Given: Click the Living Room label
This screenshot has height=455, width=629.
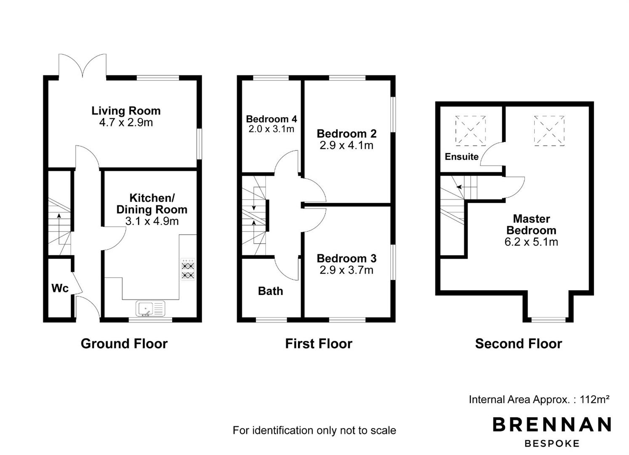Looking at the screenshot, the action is (126, 111).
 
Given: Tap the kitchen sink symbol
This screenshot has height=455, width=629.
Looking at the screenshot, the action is (150, 308).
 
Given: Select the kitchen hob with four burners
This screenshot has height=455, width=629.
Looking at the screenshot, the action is (188, 269).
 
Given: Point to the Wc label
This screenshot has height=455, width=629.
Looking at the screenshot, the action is (60, 288).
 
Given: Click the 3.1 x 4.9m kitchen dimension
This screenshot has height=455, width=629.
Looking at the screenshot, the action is (152, 221).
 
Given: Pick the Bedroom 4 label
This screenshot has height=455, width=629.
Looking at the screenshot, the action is (271, 119).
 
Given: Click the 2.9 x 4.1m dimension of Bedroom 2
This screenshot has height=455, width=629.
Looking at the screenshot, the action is (346, 145).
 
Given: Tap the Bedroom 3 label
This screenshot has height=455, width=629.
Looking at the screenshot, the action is (346, 258).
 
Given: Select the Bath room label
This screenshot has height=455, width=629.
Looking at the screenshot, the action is (270, 291).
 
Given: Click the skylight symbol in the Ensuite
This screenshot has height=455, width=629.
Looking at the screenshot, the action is (470, 131).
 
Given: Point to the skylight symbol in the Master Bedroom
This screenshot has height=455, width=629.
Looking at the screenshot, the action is (549, 131).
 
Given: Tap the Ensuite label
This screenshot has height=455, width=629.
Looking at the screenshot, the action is (461, 157).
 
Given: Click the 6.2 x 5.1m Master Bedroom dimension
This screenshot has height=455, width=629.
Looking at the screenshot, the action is (531, 242).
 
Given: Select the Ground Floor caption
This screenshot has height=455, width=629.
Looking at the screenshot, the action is (124, 344).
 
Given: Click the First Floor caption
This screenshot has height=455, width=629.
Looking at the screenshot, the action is (319, 344).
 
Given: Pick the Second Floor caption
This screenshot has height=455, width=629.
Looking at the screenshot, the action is (519, 344).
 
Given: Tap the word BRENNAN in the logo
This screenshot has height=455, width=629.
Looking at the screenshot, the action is (552, 425).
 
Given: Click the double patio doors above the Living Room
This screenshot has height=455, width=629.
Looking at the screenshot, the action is (83, 65).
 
